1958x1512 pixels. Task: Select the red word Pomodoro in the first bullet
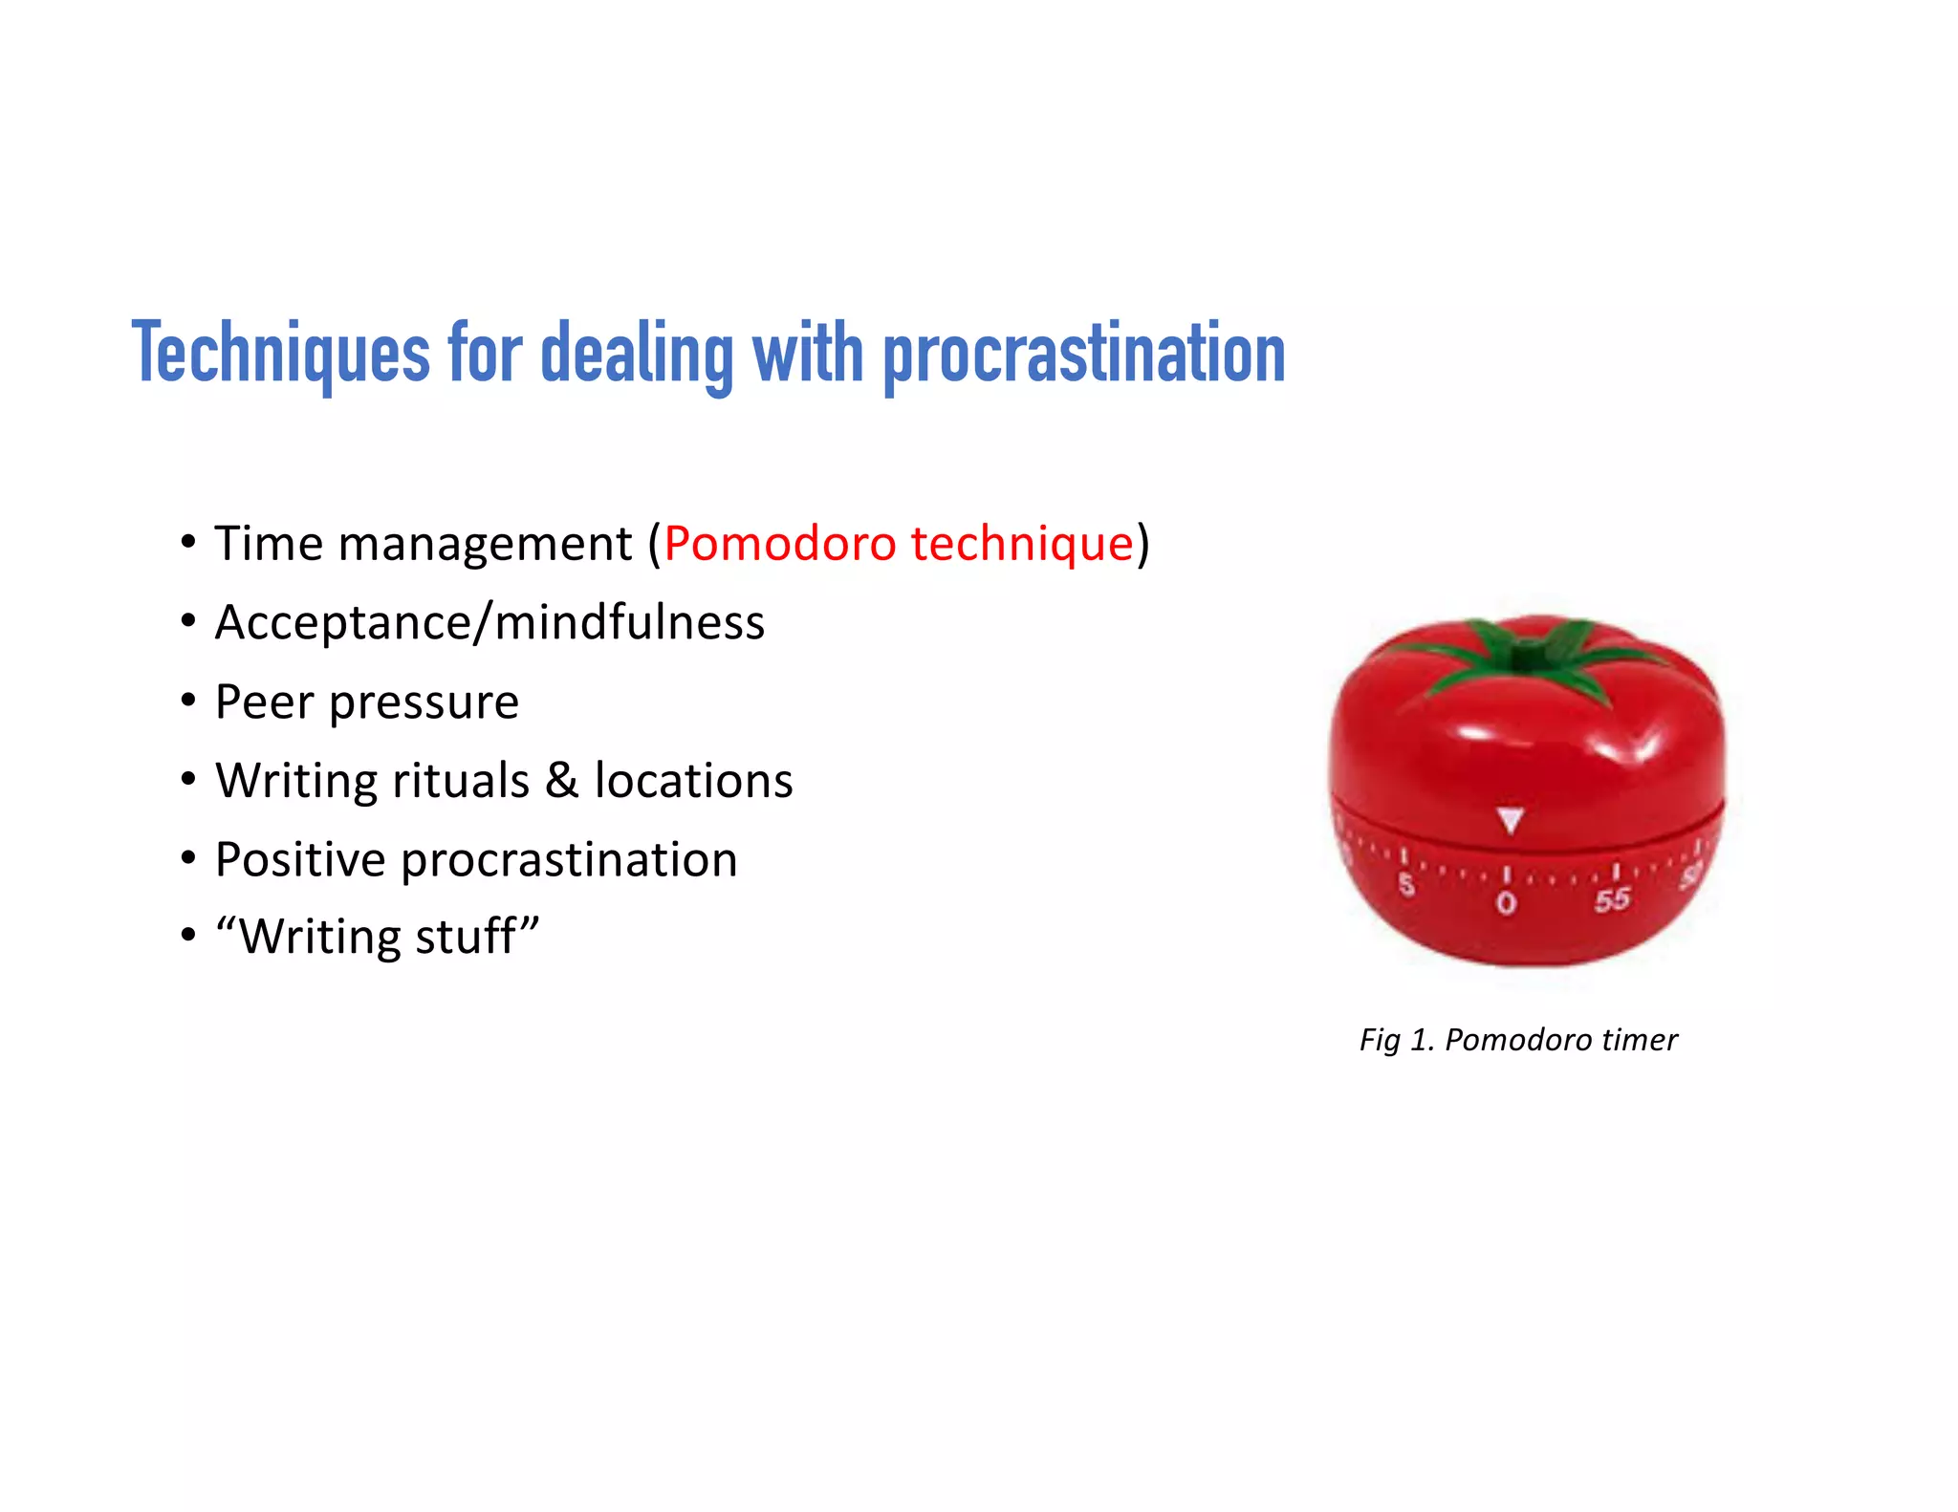pyautogui.click(x=780, y=544)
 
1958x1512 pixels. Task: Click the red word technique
pyautogui.click(x=1021, y=544)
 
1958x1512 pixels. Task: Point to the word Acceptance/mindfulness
pyautogui.click(x=489, y=623)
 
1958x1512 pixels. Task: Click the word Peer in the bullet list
pyautogui.click(x=264, y=702)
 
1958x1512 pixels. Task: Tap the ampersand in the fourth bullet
pyautogui.click(x=562, y=781)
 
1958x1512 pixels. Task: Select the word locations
pyautogui.click(x=694, y=781)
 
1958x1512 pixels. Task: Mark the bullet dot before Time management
pyautogui.click(x=188, y=542)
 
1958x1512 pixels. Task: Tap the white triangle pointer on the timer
pyautogui.click(x=1510, y=820)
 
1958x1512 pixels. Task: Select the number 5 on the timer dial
pyautogui.click(x=1406, y=885)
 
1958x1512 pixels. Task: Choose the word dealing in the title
pyautogui.click(x=637, y=354)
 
